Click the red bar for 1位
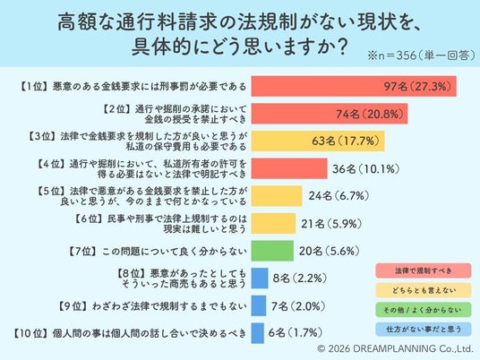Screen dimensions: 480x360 coord(354,86)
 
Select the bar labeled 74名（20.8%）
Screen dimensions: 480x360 coord(330,114)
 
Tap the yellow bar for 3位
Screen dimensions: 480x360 coord(318,141)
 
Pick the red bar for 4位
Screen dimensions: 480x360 coord(289,168)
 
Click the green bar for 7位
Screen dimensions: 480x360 coord(272,251)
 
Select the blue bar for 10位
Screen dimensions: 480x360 coord(257,333)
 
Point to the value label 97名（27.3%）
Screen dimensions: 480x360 coord(417,86)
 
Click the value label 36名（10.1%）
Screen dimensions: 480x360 coord(365,168)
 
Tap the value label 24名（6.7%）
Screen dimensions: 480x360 coord(339,196)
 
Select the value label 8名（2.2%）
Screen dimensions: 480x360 coord(300,279)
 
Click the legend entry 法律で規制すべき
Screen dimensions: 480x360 coord(424,270)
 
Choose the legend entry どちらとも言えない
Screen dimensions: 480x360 coord(424,290)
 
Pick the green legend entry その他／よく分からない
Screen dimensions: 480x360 coord(424,310)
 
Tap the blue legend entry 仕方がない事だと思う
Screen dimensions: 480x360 coord(424,330)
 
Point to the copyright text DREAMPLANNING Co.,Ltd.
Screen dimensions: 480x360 coord(413,348)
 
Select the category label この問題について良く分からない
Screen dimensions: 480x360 coord(175,252)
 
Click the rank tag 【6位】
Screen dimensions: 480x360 coord(88,219)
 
